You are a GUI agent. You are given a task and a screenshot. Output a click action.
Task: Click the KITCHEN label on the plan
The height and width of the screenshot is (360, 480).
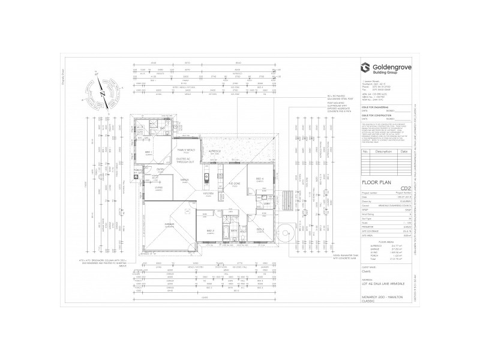click(208, 193)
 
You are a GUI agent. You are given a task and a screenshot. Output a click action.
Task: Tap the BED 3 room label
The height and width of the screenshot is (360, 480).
click(260, 229)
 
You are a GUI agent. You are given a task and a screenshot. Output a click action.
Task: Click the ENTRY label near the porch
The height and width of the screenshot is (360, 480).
click(161, 169)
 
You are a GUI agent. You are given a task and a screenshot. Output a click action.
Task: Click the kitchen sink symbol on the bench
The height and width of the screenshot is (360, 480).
click(205, 177)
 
